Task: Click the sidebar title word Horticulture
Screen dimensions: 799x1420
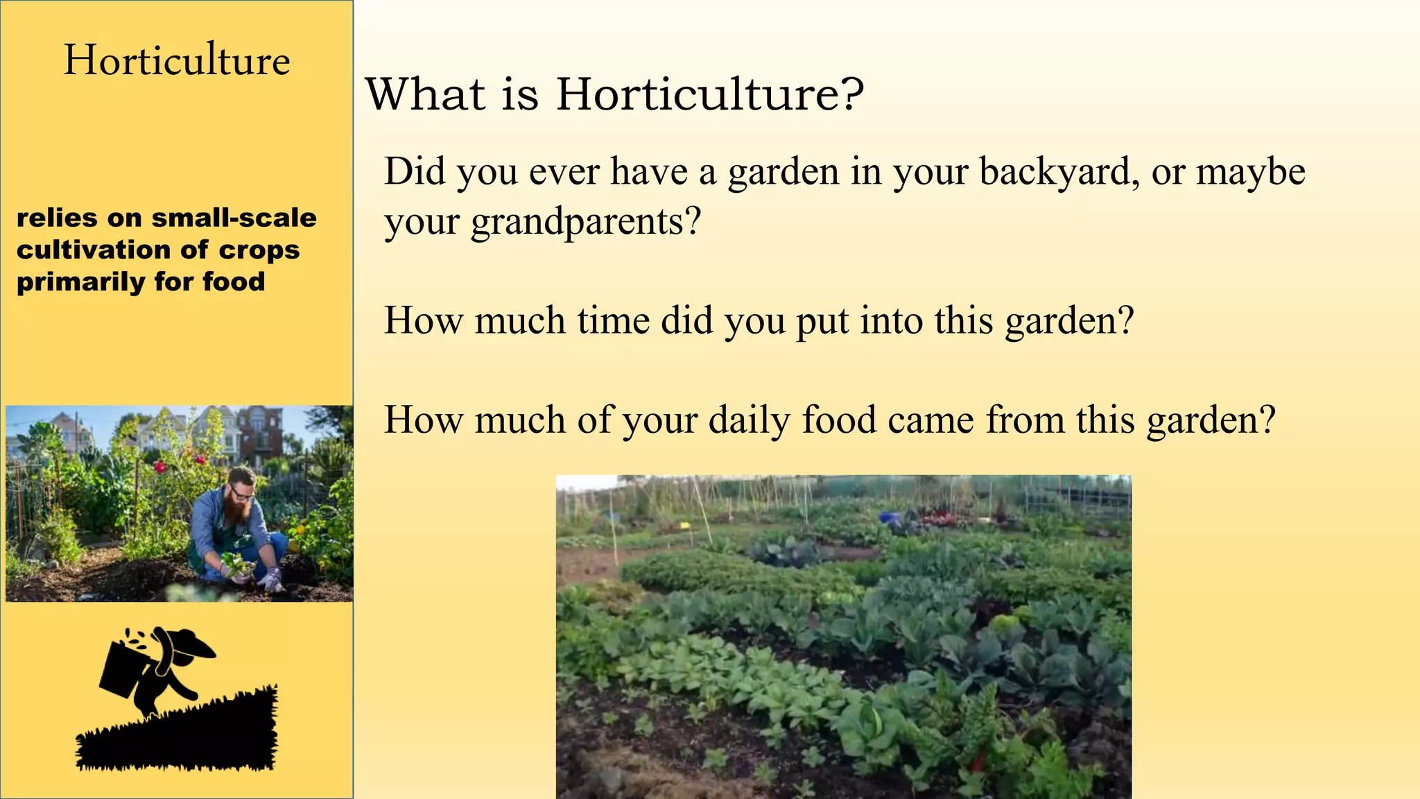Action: point(177,60)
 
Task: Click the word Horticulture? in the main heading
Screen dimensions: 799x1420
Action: point(710,94)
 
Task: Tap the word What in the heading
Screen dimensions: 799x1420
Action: point(425,94)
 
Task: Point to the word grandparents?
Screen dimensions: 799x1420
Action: point(586,222)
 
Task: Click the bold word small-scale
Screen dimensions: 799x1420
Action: point(234,218)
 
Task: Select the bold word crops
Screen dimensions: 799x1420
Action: point(259,250)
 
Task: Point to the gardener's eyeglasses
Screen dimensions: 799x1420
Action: point(241,493)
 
